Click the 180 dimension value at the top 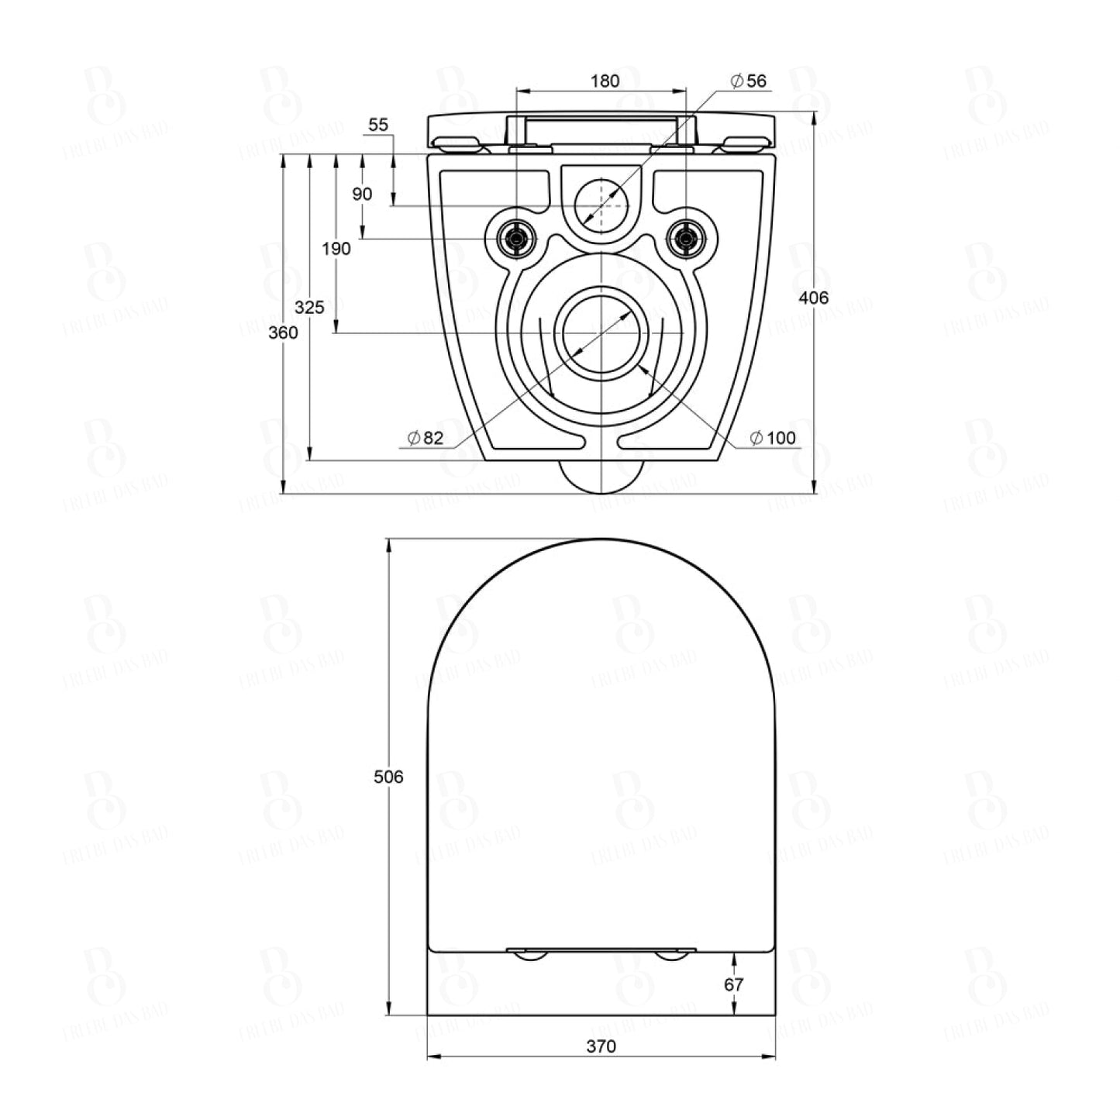pos(605,81)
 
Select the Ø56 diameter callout pos(748,81)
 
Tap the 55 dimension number pos(379,125)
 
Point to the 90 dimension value pos(363,194)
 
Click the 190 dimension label pos(336,249)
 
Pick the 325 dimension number pos(309,308)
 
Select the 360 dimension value pos(283,333)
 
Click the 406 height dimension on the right pos(815,298)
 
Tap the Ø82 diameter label pos(426,438)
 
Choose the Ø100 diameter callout pos(772,438)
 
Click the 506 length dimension pos(388,777)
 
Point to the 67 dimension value pos(733,984)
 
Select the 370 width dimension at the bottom pos(601,1046)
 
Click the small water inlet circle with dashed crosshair pos(601,205)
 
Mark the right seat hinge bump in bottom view pos(671,956)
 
